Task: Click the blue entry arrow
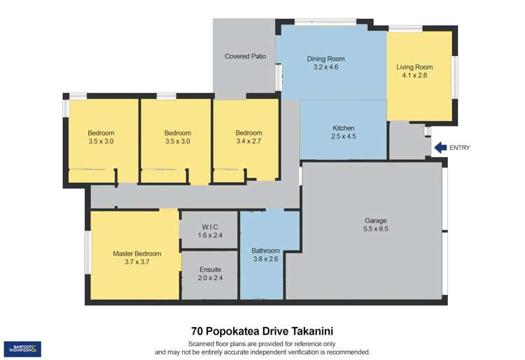pyautogui.click(x=440, y=147)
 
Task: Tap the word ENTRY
pyautogui.click(x=460, y=148)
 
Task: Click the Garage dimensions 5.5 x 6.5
pyautogui.click(x=376, y=229)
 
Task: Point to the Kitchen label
pyautogui.click(x=343, y=128)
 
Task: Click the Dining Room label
pyautogui.click(x=326, y=59)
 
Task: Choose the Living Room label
pyautogui.click(x=414, y=67)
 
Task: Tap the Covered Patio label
pyautogui.click(x=245, y=56)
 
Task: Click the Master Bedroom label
pyautogui.click(x=137, y=254)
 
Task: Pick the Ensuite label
pyautogui.click(x=210, y=269)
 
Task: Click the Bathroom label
pyautogui.click(x=266, y=250)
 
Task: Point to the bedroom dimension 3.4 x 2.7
pyautogui.click(x=248, y=141)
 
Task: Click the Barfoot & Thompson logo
pyautogui.click(x=22, y=349)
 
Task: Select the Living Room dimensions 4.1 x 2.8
pyautogui.click(x=414, y=76)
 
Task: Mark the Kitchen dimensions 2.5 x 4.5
pyautogui.click(x=343, y=137)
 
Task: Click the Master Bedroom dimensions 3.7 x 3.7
pyautogui.click(x=137, y=262)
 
